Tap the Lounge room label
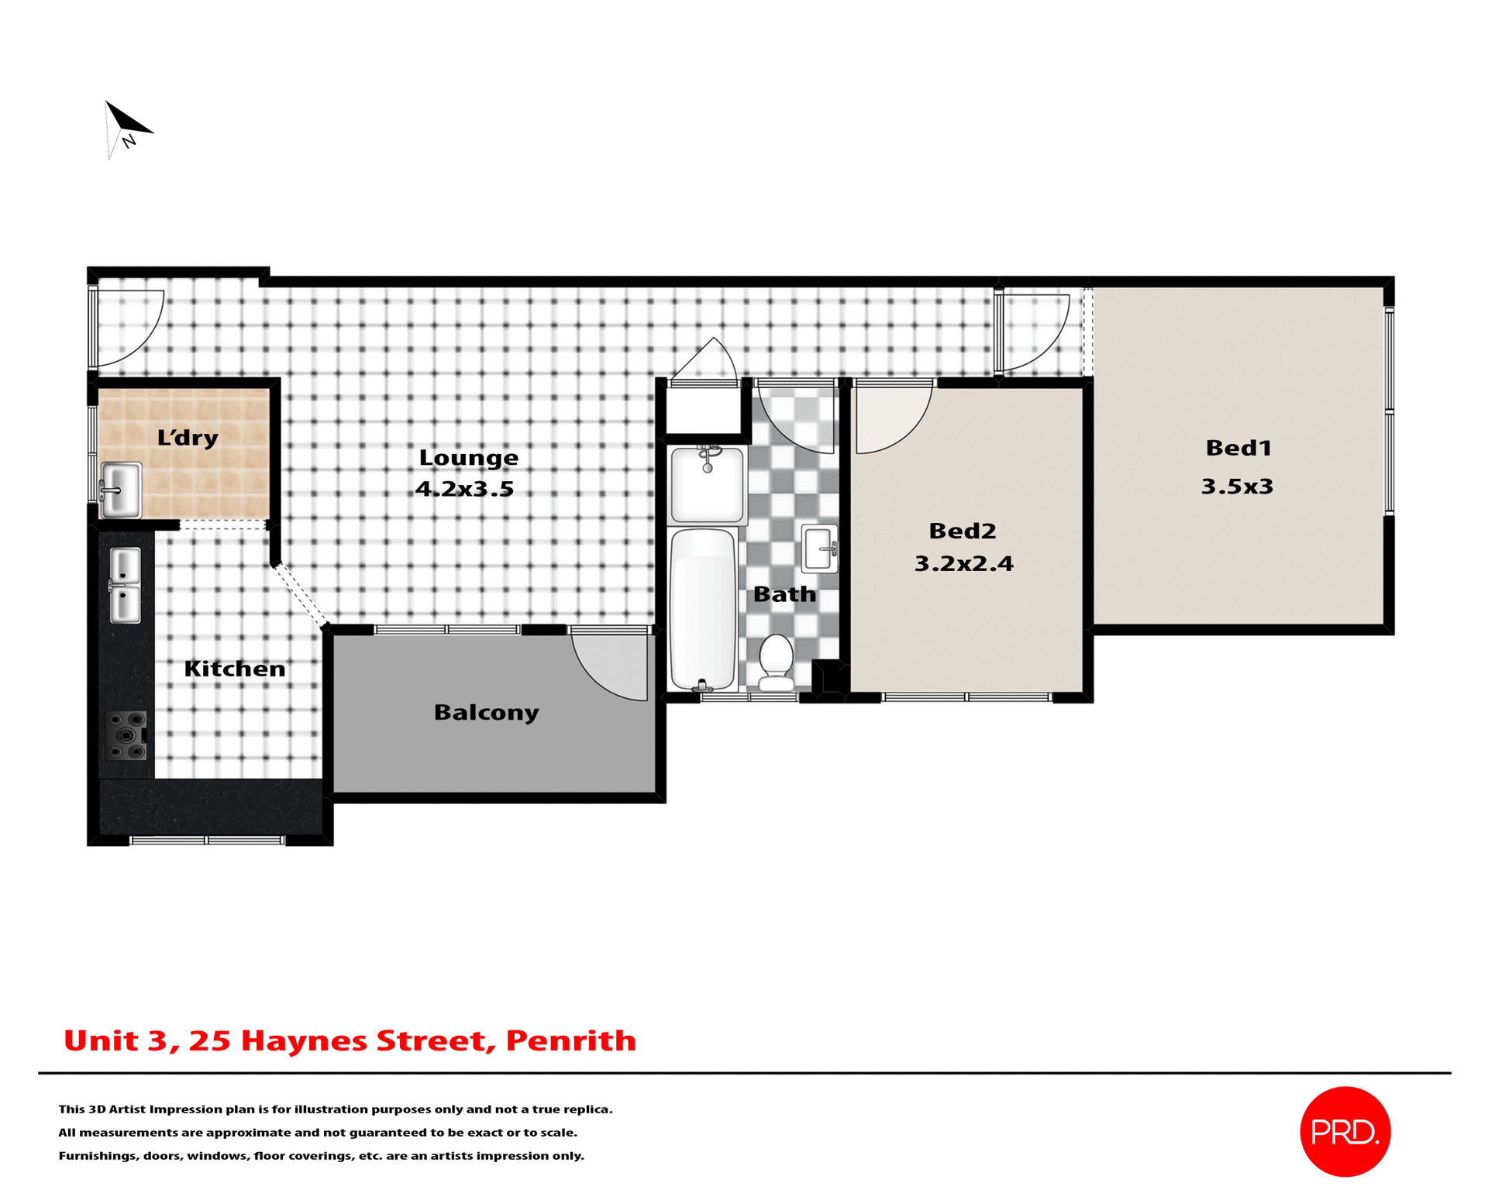pos(468,458)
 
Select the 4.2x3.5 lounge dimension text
pos(464,489)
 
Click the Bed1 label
pos(1238,448)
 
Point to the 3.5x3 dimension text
pos(1237,487)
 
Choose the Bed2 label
pos(962,531)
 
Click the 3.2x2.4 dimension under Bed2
pos(963,563)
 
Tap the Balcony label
pos(486,712)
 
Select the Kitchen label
pos(235,669)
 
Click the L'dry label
pos(188,438)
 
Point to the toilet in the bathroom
pos(776,663)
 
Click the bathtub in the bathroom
pos(702,609)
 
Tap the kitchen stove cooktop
pos(126,735)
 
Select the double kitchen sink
pos(125,586)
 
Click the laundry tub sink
pos(121,490)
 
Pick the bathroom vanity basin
pos(820,549)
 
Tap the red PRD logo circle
pos(1345,1132)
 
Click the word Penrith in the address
pos(570,1040)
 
